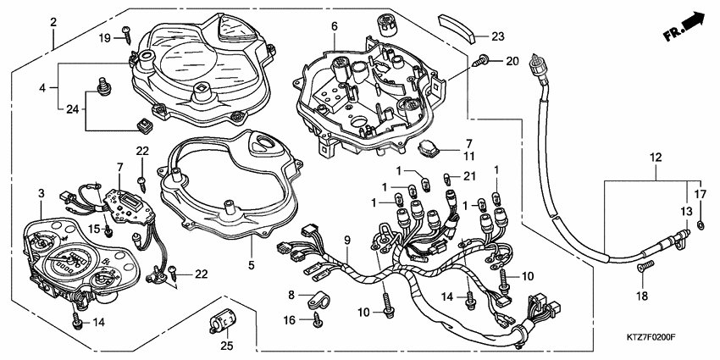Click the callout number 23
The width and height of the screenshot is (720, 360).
click(x=498, y=36)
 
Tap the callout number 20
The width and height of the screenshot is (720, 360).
click(x=511, y=61)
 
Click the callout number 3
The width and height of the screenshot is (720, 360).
click(x=40, y=195)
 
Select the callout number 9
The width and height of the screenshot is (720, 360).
click(x=346, y=241)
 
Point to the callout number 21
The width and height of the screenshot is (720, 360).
click(x=469, y=176)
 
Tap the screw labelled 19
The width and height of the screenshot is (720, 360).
click(x=125, y=34)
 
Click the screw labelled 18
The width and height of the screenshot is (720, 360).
click(x=645, y=268)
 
